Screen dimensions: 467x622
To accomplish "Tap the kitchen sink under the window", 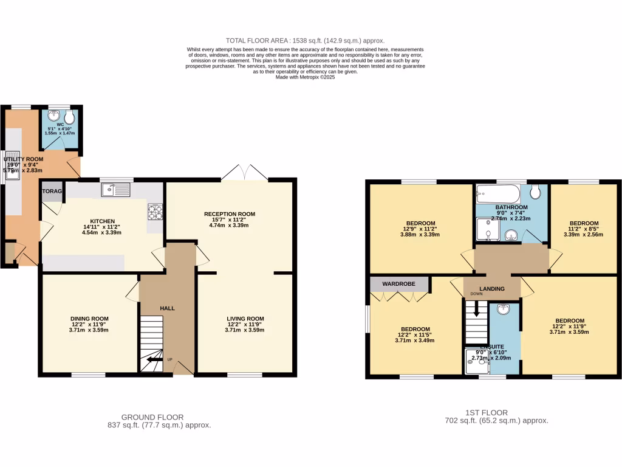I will pos(116,191).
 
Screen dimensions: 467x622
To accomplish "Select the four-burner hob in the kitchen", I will pos(155,212).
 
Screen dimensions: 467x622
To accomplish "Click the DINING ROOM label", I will pos(89,319).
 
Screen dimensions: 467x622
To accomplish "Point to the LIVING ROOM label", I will pos(245,319).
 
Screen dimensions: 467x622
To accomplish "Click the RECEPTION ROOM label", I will pos(230,214).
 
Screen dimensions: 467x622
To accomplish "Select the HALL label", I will pos(167,308).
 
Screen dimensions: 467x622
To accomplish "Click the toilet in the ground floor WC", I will pos(71,116).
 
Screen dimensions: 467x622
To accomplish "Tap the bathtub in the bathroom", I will pos(497,195).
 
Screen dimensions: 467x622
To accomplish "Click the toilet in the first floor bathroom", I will pos(535,193).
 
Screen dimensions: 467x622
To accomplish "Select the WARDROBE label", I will pos(398,283).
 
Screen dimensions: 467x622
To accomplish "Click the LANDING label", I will pos(492,289).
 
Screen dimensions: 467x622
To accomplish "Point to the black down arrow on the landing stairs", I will pos(476,310).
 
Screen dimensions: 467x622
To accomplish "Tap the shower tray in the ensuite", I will pos(477,362).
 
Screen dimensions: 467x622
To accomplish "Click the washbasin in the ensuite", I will pos(504,310).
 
